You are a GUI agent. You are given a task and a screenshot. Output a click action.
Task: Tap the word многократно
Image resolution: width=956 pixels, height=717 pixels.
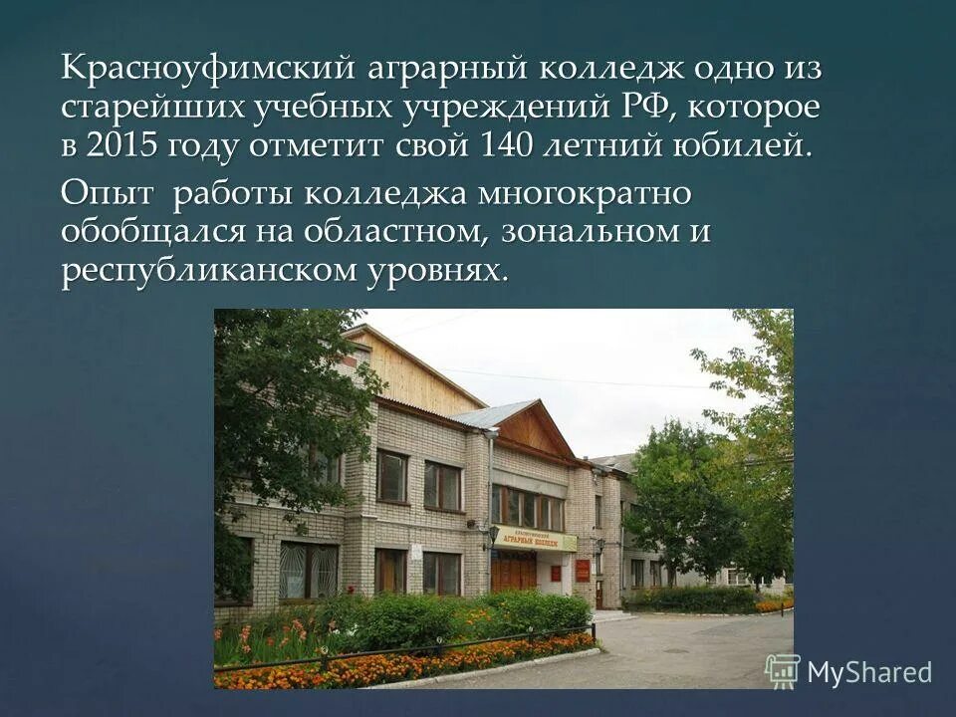585,193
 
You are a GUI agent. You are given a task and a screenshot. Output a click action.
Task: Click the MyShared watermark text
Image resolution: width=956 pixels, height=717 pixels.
869,672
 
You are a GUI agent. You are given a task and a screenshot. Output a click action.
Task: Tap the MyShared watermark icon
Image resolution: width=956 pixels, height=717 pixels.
783,671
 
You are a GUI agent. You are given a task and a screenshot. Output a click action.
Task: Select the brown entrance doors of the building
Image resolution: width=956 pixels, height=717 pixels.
514,571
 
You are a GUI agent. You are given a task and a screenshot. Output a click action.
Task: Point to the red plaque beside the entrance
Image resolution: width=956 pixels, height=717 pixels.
583,570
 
